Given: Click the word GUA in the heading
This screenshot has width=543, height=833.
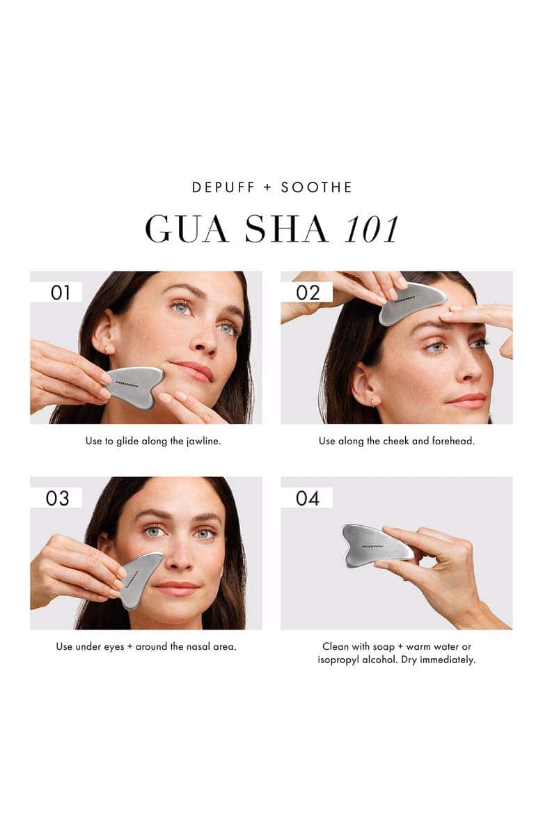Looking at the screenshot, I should click(187, 228).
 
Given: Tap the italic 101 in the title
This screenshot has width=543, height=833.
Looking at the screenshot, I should click(371, 228).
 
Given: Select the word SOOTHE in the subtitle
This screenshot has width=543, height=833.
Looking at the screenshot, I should click(317, 187).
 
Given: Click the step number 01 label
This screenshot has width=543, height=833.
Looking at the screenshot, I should click(61, 293).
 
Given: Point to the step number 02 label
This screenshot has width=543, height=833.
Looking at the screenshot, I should click(307, 293).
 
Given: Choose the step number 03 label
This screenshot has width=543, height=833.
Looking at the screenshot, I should click(58, 498).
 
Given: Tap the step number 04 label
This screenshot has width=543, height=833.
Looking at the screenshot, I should click(307, 498).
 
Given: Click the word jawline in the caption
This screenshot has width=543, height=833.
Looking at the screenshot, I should click(201, 442).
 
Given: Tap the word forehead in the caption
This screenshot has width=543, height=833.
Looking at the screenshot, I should click(452, 442).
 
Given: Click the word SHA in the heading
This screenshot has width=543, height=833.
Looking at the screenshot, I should click(285, 228).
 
